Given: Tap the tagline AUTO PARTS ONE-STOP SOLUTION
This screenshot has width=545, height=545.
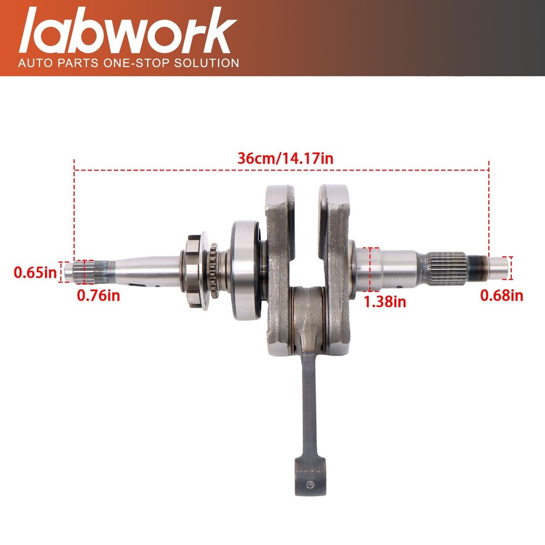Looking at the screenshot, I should coord(129,63).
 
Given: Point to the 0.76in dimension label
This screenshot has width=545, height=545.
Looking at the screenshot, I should coord(99,296).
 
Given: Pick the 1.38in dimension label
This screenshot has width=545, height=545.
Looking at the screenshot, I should coord(385,300).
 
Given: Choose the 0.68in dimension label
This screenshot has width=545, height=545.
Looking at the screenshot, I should coord(501,295).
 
